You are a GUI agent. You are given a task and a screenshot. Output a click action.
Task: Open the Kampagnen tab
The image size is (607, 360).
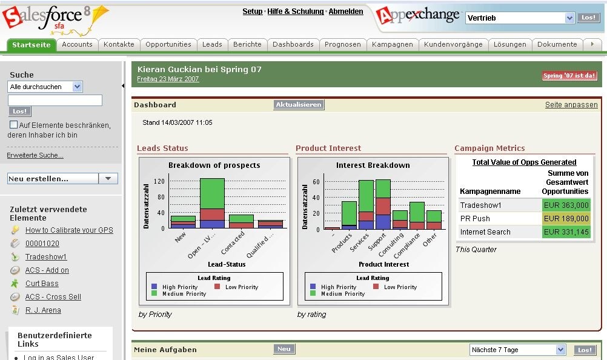392,44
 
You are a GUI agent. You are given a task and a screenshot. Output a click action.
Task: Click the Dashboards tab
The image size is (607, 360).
293,44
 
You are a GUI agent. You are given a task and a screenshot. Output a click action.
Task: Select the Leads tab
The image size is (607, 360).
212,44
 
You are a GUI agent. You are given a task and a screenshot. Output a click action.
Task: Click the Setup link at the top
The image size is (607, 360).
253,12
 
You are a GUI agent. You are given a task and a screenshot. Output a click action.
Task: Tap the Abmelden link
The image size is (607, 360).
346,12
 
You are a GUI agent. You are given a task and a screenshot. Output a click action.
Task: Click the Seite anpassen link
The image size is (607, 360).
571,105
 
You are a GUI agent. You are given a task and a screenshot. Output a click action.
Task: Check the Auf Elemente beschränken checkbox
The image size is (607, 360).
13,125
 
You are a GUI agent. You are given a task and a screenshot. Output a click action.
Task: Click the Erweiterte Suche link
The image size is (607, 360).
35,156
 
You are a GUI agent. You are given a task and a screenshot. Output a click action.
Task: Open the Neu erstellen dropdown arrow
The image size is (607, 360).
108,179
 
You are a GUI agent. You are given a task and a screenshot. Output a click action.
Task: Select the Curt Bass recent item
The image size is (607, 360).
42,284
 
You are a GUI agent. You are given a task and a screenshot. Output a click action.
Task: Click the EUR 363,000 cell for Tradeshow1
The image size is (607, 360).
566,205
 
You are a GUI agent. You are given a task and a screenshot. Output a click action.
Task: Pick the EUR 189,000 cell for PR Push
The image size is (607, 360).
566,219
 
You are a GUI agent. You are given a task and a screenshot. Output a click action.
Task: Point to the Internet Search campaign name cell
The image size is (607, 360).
485,232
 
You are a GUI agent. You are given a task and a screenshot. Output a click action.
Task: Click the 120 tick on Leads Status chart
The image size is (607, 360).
159,181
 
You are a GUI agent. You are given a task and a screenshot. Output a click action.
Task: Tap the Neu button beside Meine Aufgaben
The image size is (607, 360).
284,349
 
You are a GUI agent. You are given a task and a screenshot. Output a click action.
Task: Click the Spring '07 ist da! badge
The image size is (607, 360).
569,76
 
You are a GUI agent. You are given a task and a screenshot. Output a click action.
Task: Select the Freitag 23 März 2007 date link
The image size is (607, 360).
168,79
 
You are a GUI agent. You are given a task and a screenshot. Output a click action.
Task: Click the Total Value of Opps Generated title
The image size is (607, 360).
524,162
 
